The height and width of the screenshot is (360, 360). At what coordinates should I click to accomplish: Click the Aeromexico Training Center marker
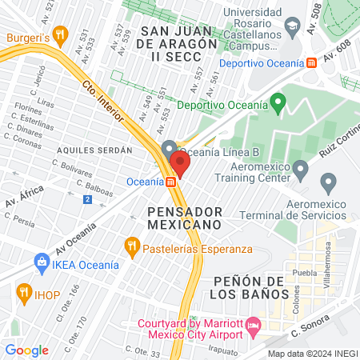[301, 169]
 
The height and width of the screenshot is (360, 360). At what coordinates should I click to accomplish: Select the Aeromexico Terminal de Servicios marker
[328, 184]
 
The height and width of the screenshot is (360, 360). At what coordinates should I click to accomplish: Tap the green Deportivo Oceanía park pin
[278, 103]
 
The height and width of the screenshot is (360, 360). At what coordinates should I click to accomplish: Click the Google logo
[26, 350]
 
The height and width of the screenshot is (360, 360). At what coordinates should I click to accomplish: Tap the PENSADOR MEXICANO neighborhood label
[184, 217]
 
